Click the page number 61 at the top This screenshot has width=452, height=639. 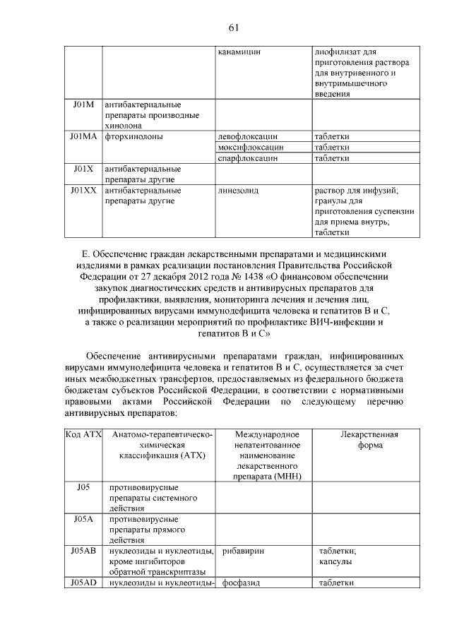coord(234,28)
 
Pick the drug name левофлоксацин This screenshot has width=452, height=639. coord(249,136)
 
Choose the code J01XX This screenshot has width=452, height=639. coord(83,191)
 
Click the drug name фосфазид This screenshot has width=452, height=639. coord(242,583)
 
